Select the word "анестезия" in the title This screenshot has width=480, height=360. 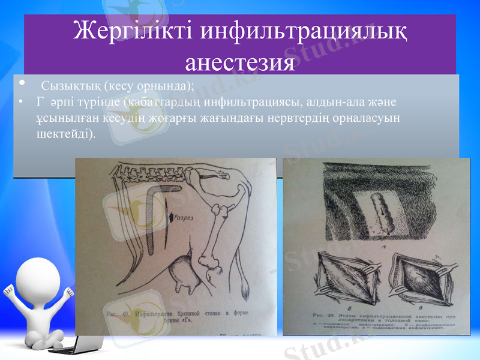(x=240, y=62)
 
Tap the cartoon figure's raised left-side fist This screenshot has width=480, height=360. (x=11, y=293)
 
